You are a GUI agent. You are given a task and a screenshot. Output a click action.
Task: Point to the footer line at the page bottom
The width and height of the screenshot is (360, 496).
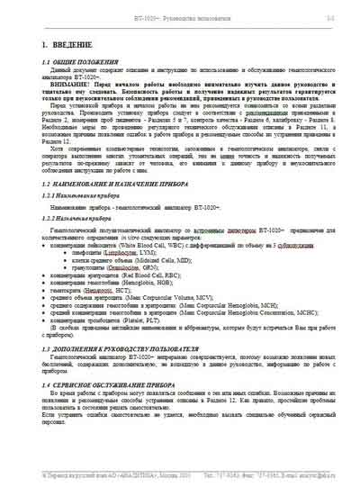pyautogui.click(x=180, y=476)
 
